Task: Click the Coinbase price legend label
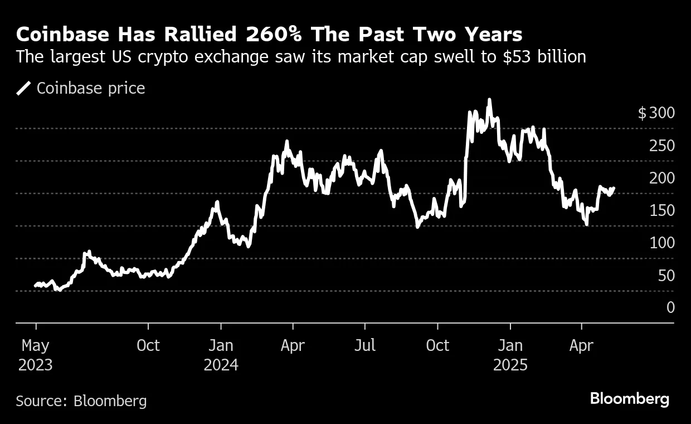tap(91, 88)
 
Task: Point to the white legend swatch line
tap(24, 88)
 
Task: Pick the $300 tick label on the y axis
tap(656, 113)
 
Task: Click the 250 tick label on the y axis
tap(662, 146)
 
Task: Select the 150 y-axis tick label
tap(662, 210)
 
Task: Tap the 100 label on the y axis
tap(662, 243)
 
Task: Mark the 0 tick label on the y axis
tap(670, 307)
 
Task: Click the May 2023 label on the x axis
tap(36, 355)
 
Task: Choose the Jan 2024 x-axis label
tap(221, 355)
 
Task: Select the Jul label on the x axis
tap(365, 346)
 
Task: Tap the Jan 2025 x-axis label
tap(510, 355)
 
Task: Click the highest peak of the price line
tap(489, 100)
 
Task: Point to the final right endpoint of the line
tap(614, 188)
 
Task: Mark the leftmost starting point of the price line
tap(35, 286)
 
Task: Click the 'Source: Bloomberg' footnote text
tap(81, 401)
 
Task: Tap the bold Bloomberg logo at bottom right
tap(630, 399)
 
